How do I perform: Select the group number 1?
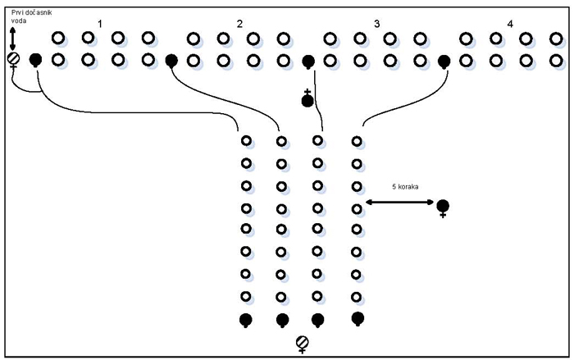pos(99,23)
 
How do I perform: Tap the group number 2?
pos(239,23)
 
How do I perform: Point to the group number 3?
pos(376,23)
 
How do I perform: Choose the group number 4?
pos(510,23)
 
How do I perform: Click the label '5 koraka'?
pos(405,188)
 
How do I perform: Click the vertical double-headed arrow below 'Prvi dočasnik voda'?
pos(12,37)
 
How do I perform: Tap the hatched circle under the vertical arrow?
pos(13,59)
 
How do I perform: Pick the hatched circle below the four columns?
pos(302,341)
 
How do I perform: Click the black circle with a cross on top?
pos(307,100)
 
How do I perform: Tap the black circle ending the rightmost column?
pos(357,317)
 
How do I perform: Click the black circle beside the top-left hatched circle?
pos(35,59)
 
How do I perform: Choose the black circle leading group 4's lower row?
pos(444,61)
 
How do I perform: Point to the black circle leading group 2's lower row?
pos(171,61)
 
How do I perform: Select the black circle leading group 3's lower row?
pos(308,61)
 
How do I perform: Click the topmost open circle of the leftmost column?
pos(245,141)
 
